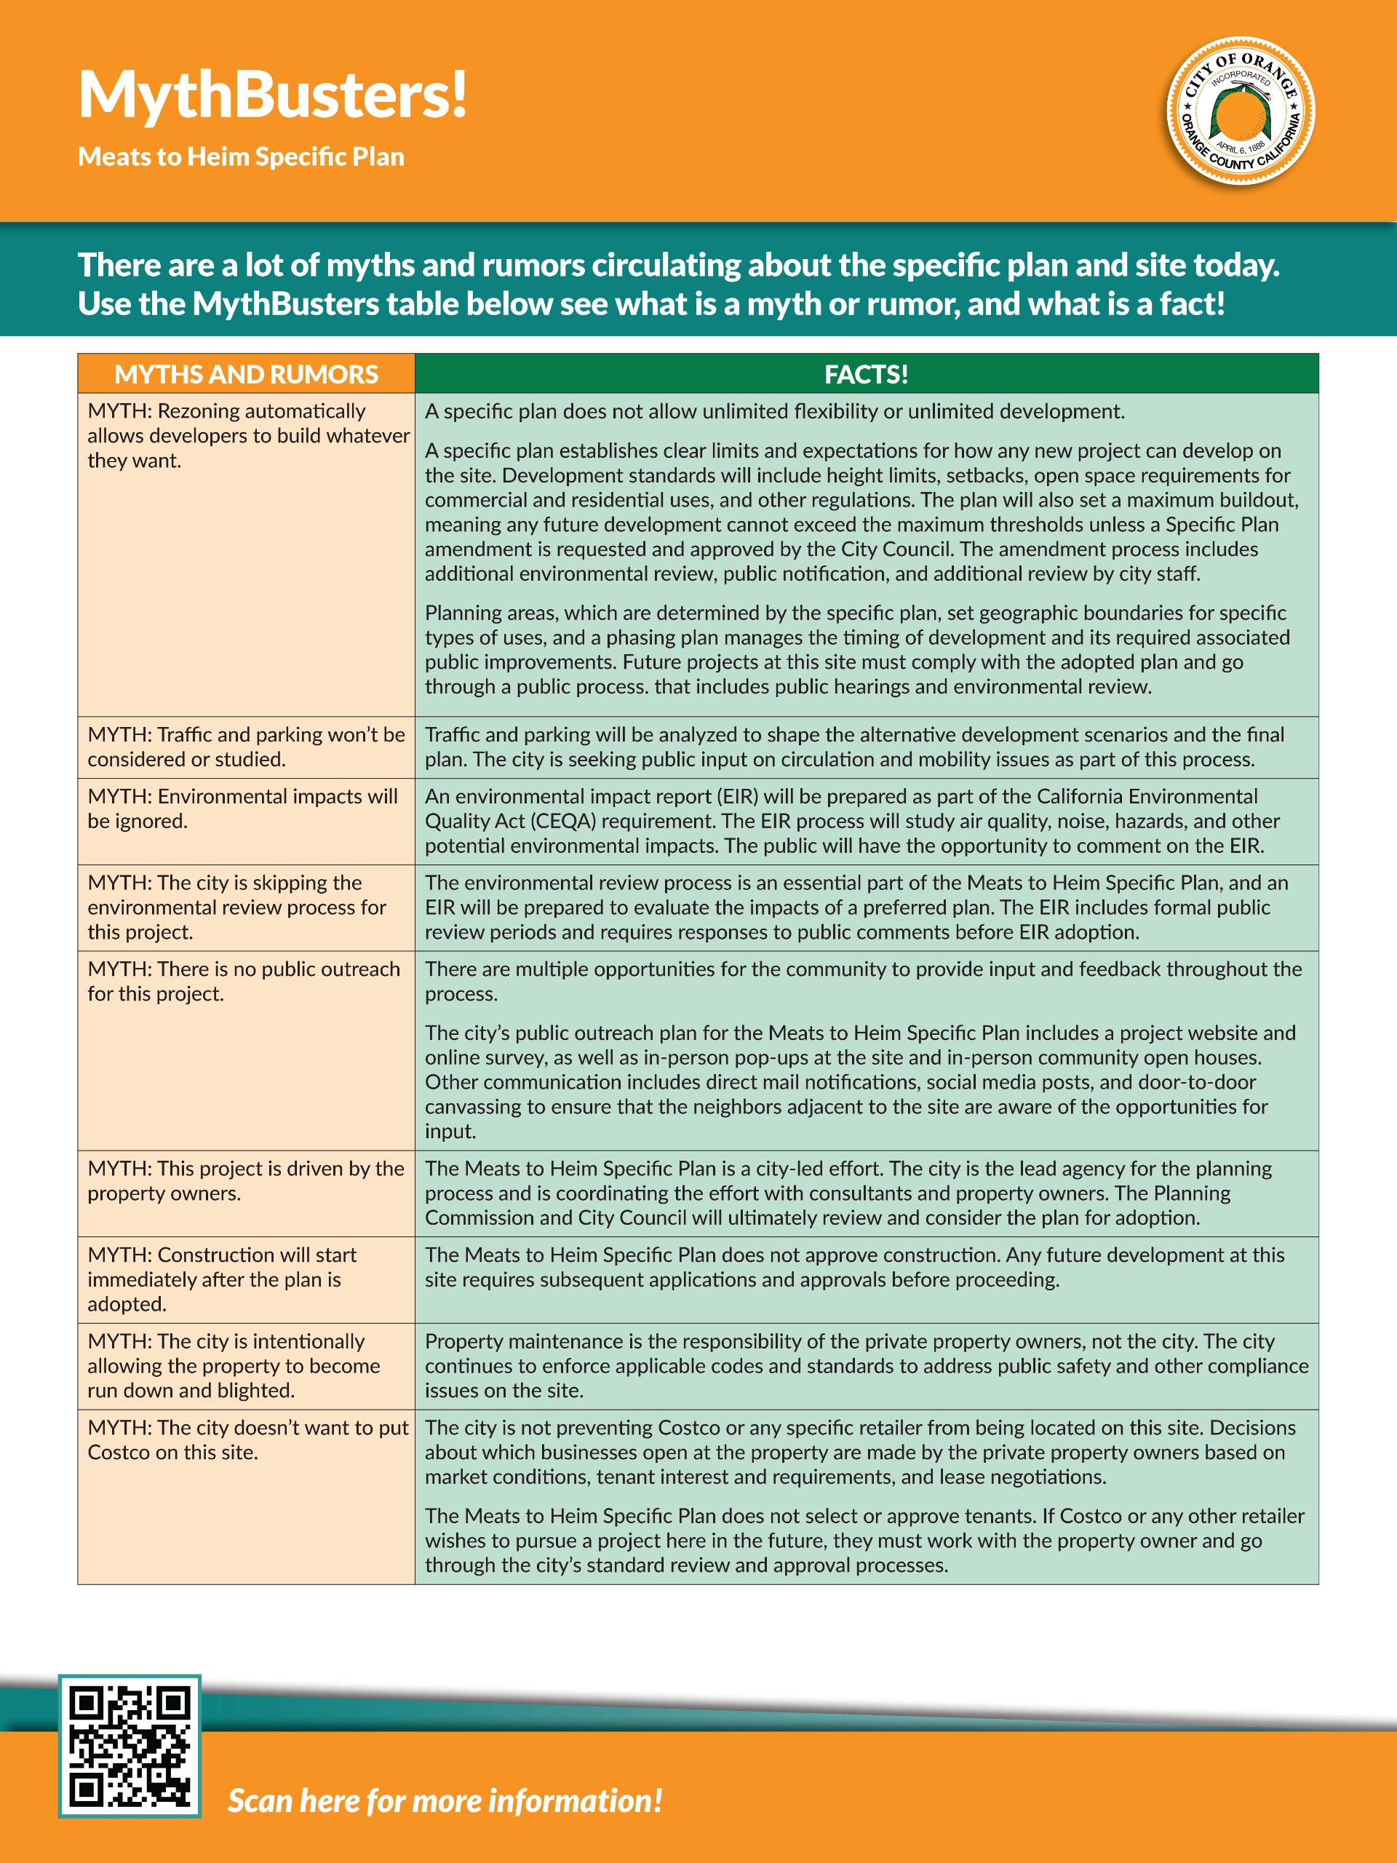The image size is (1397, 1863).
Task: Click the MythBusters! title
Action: point(272,95)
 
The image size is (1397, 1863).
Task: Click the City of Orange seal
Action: point(1240,111)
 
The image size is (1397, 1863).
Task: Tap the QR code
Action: point(130,1745)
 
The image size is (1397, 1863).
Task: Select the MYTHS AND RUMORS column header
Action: point(246,374)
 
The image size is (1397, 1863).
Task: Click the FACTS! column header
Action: point(866,374)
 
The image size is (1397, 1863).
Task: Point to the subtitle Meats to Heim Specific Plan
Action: point(241,156)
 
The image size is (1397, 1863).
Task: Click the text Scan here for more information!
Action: point(445,1800)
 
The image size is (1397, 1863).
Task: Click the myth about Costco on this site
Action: point(247,1439)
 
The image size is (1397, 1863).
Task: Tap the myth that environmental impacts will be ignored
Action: point(242,809)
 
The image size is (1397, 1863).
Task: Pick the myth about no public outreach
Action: point(243,981)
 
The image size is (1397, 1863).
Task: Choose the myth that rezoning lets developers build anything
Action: point(247,435)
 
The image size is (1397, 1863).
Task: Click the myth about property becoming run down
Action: point(234,1365)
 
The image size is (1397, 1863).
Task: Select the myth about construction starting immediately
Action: point(223,1279)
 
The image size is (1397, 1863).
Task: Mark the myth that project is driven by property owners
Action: point(245,1180)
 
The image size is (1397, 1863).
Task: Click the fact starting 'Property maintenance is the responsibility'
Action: point(866,1365)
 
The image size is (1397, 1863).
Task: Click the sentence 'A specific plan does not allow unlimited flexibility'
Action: point(775,411)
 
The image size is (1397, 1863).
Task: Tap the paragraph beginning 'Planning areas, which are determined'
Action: point(857,649)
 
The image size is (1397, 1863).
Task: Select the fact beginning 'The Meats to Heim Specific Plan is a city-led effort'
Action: point(848,1193)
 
